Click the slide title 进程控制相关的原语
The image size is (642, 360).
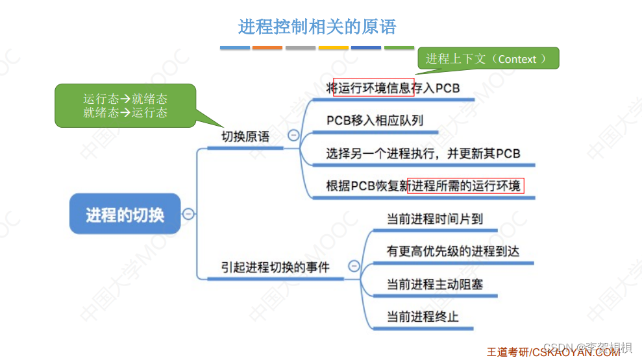coord(317,27)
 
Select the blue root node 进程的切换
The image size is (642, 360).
coord(125,214)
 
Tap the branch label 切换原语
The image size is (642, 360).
coord(245,137)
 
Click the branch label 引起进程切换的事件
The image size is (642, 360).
coord(275,267)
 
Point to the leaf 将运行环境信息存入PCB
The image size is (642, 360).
coord(393,88)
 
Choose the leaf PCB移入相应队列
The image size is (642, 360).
coord(375,121)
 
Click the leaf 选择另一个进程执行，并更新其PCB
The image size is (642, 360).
coord(423,154)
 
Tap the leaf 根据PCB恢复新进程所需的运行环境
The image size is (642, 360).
coord(423,186)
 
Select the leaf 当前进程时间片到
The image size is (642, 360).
coord(435,219)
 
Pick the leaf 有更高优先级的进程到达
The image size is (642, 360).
coord(453,251)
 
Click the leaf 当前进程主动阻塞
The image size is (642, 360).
coord(435,284)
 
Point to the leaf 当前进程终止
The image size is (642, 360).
coord(423,317)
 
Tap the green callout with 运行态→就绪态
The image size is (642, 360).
coord(125,105)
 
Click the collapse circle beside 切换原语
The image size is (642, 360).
coord(293,136)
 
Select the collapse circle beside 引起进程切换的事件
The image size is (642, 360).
coord(354,265)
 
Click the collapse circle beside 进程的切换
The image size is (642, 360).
coord(188,213)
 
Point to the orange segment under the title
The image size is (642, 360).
coord(267,47)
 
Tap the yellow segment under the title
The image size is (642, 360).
coord(333,47)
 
